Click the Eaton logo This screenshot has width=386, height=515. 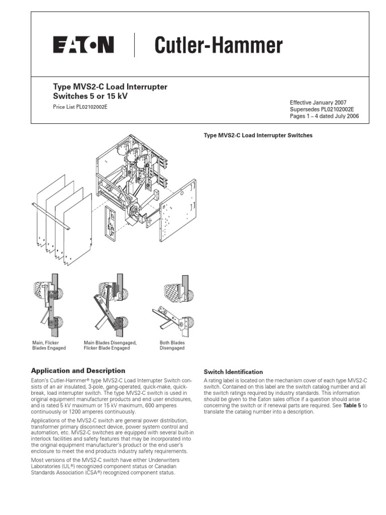[x=83, y=46]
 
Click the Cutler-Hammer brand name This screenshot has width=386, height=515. [x=218, y=46]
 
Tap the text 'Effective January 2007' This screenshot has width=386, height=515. [x=318, y=102]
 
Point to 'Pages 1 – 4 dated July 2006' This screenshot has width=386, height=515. [x=324, y=116]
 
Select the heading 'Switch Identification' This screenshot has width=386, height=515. [x=233, y=372]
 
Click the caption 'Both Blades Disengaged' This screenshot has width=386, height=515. [x=172, y=345]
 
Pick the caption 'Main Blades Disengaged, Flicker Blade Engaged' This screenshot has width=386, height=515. [x=110, y=345]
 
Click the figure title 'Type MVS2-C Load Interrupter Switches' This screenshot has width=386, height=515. [x=258, y=136]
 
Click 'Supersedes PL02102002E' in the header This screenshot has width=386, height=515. [x=322, y=109]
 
